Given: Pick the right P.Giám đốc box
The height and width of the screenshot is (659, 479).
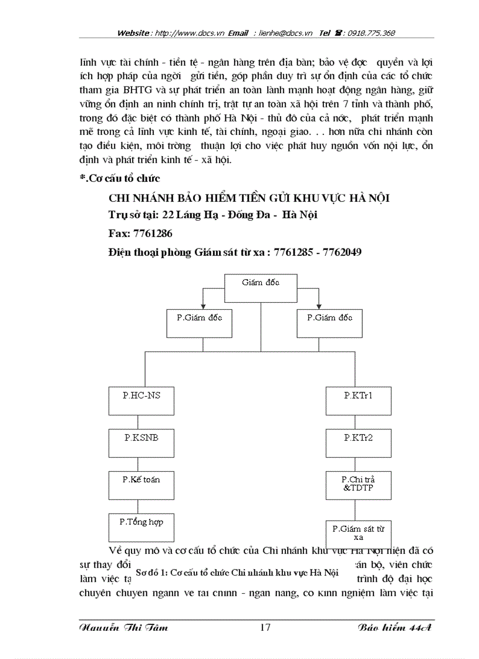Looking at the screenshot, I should click(329, 323).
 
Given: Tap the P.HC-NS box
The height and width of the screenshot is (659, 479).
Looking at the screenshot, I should click(141, 401).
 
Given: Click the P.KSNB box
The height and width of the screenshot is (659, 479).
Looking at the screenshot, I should click(141, 443).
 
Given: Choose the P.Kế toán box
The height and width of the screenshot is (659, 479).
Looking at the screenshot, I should click(141, 485).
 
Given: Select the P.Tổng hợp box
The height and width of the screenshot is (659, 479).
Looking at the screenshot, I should click(141, 528).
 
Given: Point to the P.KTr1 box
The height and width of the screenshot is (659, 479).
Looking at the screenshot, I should click(358, 401).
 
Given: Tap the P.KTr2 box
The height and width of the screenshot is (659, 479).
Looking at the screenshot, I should click(358, 443).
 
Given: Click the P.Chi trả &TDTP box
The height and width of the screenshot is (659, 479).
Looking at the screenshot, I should click(358, 484).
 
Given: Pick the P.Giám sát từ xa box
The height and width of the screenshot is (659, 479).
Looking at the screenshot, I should click(358, 533).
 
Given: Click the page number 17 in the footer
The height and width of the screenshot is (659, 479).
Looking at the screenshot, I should click(265, 628).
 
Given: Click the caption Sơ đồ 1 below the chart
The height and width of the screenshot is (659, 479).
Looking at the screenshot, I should click(237, 572).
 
